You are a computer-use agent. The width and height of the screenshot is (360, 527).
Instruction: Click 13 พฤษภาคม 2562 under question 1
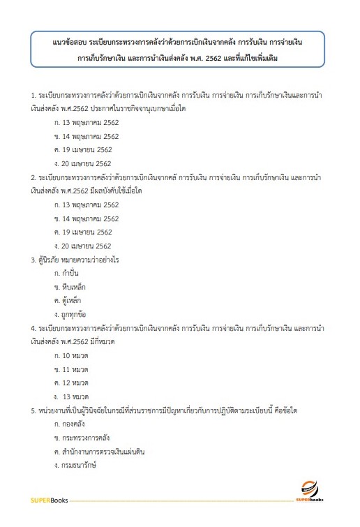coord(86,123)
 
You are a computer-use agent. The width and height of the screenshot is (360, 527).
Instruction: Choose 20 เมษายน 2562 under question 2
coord(82,246)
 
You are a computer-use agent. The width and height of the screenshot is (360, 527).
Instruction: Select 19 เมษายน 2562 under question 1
coord(82,149)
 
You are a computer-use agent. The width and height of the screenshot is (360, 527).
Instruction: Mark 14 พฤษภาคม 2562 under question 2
coord(86,218)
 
